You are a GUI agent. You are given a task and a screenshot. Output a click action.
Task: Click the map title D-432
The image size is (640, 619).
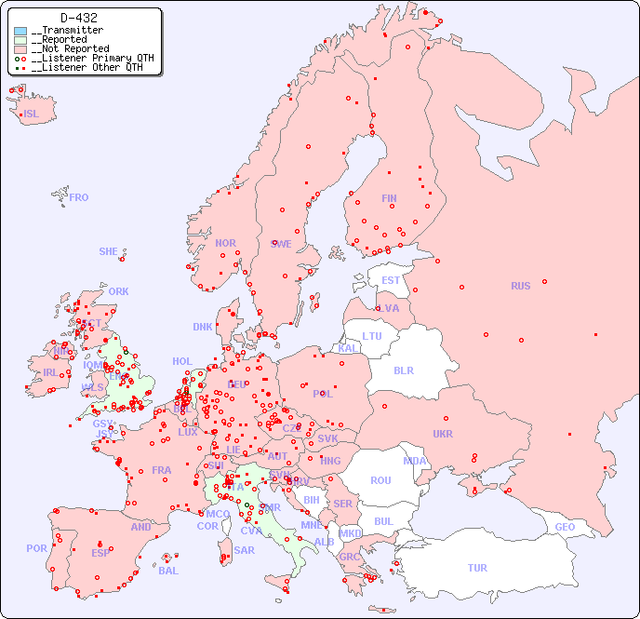[x=78, y=18]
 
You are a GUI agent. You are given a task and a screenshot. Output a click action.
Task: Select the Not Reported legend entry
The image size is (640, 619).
[x=70, y=48]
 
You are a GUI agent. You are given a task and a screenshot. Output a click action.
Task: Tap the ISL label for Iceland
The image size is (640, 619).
[x=32, y=114]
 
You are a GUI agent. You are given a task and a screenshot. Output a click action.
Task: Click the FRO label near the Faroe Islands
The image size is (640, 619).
[x=79, y=197]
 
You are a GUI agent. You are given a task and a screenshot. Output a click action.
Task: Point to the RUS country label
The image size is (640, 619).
[x=520, y=286]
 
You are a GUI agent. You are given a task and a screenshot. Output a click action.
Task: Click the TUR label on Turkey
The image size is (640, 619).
[x=477, y=568]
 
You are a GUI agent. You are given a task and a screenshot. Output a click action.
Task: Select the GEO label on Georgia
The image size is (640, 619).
[x=565, y=527]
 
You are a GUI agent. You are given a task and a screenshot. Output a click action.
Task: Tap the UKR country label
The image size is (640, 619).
[x=443, y=434]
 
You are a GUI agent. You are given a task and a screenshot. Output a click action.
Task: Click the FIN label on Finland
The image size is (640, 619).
[x=389, y=198]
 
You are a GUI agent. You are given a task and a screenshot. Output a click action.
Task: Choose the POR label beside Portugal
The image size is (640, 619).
[x=36, y=548]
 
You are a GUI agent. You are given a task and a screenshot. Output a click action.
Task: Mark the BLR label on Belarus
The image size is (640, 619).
[x=403, y=370]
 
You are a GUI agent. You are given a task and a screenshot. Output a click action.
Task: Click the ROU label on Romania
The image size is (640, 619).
[x=380, y=480]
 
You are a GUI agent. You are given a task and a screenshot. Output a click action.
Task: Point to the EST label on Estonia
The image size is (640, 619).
[x=391, y=280]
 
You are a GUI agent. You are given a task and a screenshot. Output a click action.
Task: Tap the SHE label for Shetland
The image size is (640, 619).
[x=109, y=251]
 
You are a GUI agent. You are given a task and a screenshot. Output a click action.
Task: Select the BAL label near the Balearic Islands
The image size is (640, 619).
[x=168, y=571]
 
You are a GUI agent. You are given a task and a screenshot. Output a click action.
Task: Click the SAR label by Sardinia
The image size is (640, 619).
[x=244, y=550]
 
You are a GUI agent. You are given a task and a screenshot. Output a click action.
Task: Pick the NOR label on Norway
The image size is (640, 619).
[x=225, y=243]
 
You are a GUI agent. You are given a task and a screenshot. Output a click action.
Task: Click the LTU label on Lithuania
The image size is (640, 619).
[x=372, y=336]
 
